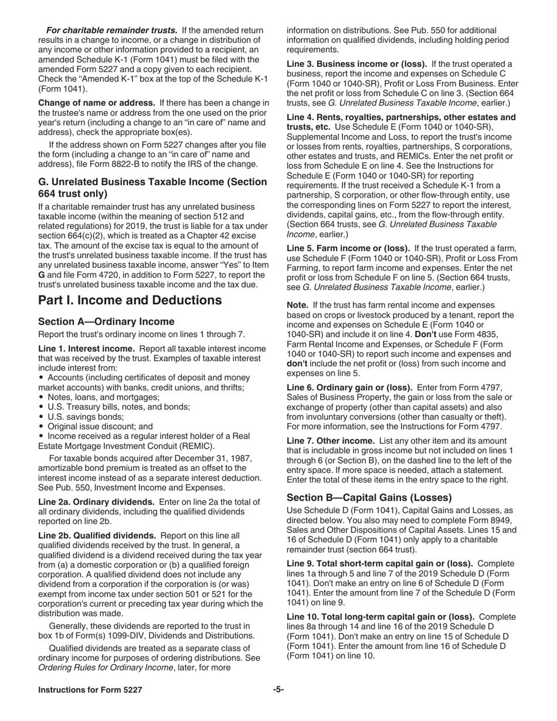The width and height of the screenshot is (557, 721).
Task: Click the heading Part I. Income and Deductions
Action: click(x=130, y=301)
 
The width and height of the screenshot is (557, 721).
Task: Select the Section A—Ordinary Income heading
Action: click(x=106, y=322)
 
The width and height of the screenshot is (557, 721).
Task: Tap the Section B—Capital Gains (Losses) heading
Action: click(x=369, y=498)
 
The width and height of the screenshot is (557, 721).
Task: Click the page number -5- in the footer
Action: click(x=278, y=690)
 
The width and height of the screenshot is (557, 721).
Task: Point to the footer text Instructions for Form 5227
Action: click(x=90, y=690)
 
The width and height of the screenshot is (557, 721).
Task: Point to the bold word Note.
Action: click(x=297, y=305)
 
